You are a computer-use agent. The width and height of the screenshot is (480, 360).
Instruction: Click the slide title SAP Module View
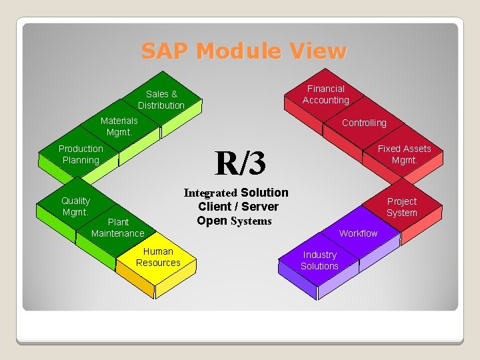point(243,51)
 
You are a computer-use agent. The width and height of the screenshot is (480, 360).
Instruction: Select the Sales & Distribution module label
point(161,100)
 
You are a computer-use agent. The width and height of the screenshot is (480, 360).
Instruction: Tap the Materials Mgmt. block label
point(119,126)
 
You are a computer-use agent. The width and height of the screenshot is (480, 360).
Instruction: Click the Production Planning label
point(81,154)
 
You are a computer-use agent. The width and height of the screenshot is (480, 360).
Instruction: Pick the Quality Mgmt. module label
point(75,206)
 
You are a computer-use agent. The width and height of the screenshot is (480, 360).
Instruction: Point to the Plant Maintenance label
point(117,227)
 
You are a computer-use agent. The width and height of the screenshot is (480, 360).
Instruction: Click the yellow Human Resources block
point(158,257)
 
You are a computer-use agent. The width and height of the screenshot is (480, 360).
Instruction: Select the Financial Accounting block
point(325,95)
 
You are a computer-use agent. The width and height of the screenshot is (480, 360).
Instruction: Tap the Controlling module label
point(364,123)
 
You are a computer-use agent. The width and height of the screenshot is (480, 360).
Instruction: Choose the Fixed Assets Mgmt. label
point(404,154)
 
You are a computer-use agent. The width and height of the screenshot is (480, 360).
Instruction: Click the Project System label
point(402,207)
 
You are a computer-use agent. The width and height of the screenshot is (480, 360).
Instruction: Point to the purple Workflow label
point(358,233)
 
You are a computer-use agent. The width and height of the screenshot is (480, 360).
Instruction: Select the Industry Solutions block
point(319,260)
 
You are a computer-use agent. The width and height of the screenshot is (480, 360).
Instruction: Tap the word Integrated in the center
point(210,193)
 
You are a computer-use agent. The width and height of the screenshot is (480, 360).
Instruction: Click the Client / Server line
point(238,207)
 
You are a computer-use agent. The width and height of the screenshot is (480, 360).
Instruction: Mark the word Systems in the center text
point(251,221)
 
